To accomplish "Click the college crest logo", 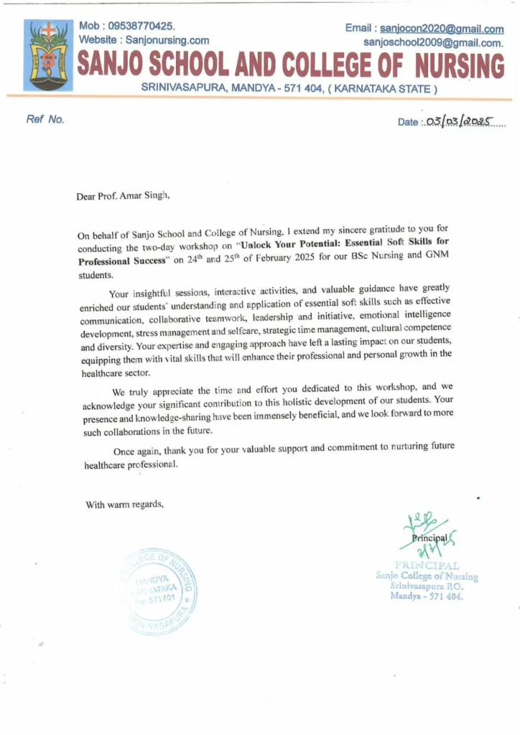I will pyautogui.click(x=47, y=55).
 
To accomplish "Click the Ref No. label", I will pyautogui.click(x=45, y=120).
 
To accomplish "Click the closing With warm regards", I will pyautogui.click(x=125, y=505).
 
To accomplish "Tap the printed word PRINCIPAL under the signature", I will pyautogui.click(x=427, y=566).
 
